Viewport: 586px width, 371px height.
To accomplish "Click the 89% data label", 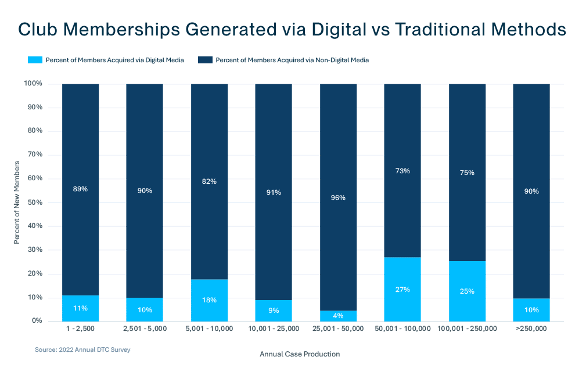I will click(x=81, y=189).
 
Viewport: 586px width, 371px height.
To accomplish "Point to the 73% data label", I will click(x=402, y=171).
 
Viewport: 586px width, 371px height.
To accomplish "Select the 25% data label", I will click(x=467, y=291).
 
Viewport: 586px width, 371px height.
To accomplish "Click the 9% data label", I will click(x=274, y=310).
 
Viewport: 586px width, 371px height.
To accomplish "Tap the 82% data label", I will click(x=209, y=181).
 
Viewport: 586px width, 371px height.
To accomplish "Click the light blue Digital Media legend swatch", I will click(x=36, y=59).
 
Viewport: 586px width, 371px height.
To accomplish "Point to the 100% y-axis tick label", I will click(x=33, y=84).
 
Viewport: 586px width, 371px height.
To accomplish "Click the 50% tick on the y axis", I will click(x=34, y=202).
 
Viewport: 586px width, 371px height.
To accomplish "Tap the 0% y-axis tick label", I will click(x=36, y=321).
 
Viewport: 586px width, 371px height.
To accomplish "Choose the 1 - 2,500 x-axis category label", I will click(x=81, y=329).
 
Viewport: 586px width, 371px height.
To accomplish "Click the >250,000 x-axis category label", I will click(x=531, y=329).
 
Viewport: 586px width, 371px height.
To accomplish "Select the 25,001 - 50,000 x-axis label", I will click(x=338, y=329).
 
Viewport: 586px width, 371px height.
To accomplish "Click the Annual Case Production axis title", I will click(x=299, y=354).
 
